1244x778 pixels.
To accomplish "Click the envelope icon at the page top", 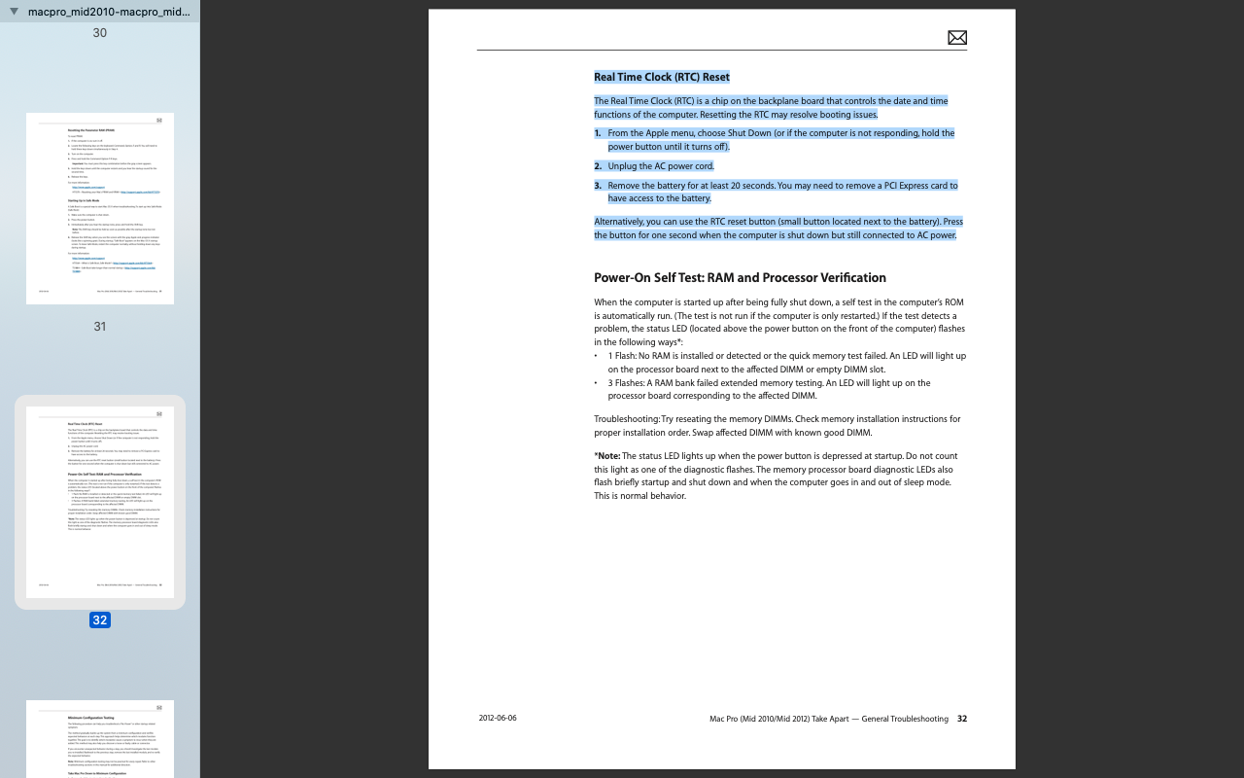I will click(x=956, y=38).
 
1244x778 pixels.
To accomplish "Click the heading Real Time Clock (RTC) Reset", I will click(x=661, y=77).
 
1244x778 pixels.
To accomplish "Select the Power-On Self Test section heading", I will click(x=740, y=278).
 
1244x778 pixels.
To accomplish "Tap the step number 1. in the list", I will click(x=598, y=133).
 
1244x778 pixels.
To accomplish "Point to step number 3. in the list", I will click(x=598, y=186).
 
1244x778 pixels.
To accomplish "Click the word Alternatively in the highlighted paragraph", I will click(x=623, y=222).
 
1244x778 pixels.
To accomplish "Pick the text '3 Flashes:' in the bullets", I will click(x=627, y=383).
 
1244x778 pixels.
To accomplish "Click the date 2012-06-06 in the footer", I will click(x=498, y=719).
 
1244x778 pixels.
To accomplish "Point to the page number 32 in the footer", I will click(x=961, y=719).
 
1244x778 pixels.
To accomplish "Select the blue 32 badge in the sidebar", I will click(x=100, y=620).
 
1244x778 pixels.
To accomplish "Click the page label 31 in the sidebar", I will click(x=100, y=327).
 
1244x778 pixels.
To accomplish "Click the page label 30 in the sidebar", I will click(x=100, y=33).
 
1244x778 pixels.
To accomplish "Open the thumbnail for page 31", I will click(x=100, y=208).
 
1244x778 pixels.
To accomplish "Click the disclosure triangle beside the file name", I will click(x=14, y=12).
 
